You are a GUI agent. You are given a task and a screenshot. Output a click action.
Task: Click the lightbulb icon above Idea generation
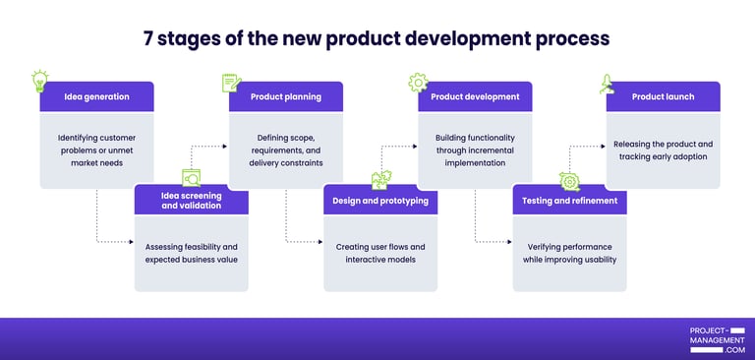pyautogui.click(x=40, y=80)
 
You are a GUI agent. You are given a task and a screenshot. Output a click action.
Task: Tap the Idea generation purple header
pyautogui.click(x=96, y=96)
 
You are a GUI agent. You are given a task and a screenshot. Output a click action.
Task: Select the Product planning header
pyautogui.click(x=286, y=96)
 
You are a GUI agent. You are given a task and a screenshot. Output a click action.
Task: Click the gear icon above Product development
pyautogui.click(x=418, y=82)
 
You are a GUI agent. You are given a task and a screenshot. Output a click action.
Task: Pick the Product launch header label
pyautogui.click(x=663, y=96)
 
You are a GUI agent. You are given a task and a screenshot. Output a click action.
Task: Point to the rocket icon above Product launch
pyautogui.click(x=608, y=85)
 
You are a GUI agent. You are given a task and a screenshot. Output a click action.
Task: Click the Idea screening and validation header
pyautogui.click(x=191, y=201)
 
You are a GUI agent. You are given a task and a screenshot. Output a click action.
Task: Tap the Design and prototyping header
pyautogui.click(x=379, y=201)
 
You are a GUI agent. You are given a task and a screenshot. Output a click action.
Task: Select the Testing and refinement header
pyautogui.click(x=569, y=201)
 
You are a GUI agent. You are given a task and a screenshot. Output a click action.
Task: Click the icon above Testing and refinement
pyautogui.click(x=568, y=181)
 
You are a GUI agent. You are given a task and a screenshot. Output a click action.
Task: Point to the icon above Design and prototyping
pyautogui.click(x=379, y=181)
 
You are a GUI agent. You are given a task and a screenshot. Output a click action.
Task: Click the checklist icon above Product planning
pyautogui.click(x=230, y=83)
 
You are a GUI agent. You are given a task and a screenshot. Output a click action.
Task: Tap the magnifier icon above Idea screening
pyautogui.click(x=191, y=178)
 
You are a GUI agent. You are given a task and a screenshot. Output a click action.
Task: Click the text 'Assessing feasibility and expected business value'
pyautogui.click(x=191, y=253)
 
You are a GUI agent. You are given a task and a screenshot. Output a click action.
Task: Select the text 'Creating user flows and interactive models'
pyautogui.click(x=379, y=253)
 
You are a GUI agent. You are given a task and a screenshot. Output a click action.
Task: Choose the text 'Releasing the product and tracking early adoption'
pyautogui.click(x=663, y=150)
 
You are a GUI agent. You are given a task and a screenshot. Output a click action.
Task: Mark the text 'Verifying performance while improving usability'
pyautogui.click(x=569, y=253)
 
